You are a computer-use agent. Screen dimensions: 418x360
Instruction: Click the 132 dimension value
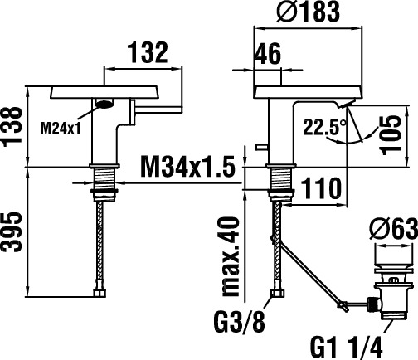tap(148, 52)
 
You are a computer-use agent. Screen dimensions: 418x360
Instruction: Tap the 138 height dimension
tap(12, 124)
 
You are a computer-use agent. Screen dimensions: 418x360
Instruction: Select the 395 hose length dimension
tap(12, 231)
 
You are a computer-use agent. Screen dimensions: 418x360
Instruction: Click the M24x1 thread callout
tap(61, 129)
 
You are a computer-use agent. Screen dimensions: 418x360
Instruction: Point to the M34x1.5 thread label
tap(187, 167)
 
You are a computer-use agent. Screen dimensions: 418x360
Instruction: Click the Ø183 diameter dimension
tap(308, 12)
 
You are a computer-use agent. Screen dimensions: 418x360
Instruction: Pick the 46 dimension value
tap(267, 54)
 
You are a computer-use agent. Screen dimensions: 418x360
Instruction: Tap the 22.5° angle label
tap(324, 127)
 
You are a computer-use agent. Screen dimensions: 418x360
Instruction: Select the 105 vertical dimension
tap(391, 135)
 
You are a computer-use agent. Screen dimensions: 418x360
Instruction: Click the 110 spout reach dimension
tap(321, 188)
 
